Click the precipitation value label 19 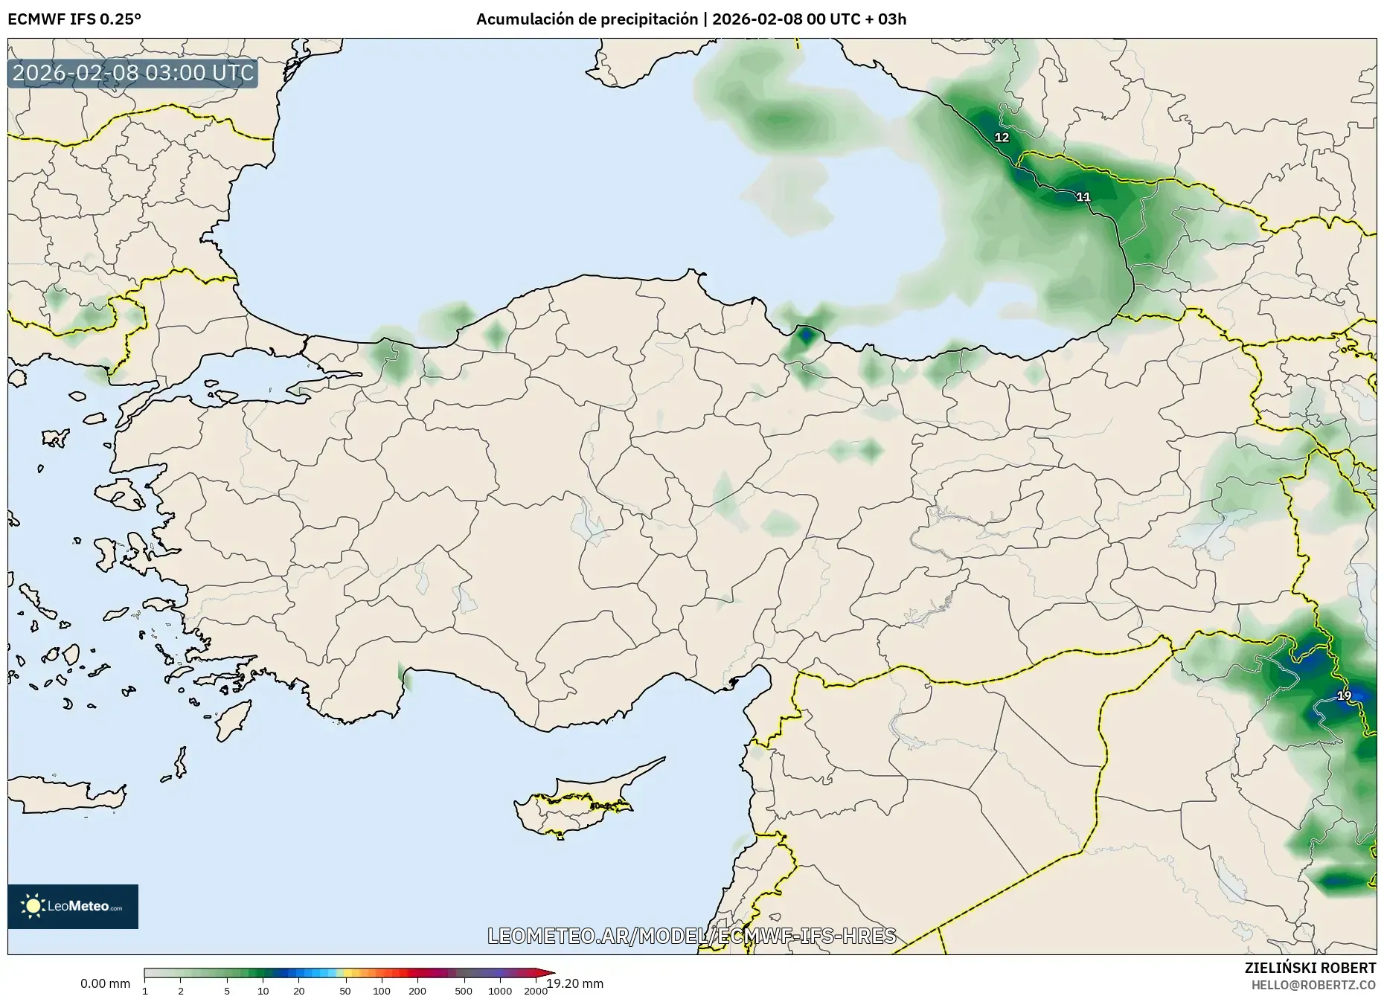pos(1344,696)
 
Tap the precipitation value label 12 pos(1002,138)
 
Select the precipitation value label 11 pos(1083,197)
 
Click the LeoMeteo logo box pos(73,906)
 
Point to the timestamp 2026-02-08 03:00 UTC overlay pos(133,74)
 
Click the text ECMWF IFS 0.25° pos(74,19)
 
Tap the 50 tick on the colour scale pos(345,991)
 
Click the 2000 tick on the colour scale pos(536,991)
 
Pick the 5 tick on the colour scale pos(227,991)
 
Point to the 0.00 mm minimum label pos(105,983)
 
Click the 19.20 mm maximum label pos(575,983)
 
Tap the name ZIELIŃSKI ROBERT pos(1310,968)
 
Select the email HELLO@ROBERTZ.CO pos(1313,984)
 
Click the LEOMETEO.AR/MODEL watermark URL pos(691,936)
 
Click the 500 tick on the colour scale pos(463,991)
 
